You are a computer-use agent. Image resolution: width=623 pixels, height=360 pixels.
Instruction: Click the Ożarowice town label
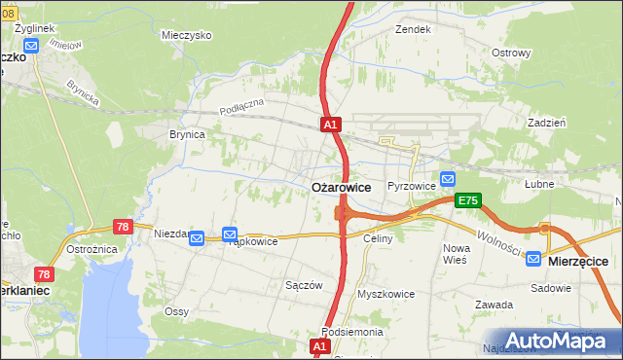(340, 188)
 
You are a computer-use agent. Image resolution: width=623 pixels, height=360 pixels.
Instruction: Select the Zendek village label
(413, 30)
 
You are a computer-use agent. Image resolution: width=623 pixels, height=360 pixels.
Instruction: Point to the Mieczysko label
(188, 35)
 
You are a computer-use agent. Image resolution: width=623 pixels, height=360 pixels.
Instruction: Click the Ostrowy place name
(511, 53)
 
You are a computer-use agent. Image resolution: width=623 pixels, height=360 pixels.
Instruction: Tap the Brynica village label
(187, 135)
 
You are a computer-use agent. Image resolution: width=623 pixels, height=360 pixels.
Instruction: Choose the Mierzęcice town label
(579, 262)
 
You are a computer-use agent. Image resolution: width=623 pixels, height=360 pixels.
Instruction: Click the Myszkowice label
(386, 293)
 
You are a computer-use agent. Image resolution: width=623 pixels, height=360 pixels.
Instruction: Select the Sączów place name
(304, 285)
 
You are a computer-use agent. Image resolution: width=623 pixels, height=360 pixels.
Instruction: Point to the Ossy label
(176, 311)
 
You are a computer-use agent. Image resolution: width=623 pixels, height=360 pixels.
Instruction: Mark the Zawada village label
(494, 305)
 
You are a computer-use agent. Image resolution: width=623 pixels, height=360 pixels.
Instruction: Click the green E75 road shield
(468, 200)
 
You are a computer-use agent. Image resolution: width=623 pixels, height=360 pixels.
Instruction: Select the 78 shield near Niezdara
(123, 226)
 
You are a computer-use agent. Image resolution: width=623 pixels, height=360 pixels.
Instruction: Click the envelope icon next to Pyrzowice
(447, 179)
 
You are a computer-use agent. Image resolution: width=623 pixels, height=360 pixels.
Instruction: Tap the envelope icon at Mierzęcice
(534, 259)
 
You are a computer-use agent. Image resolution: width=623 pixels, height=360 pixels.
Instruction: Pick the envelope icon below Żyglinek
(32, 46)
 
